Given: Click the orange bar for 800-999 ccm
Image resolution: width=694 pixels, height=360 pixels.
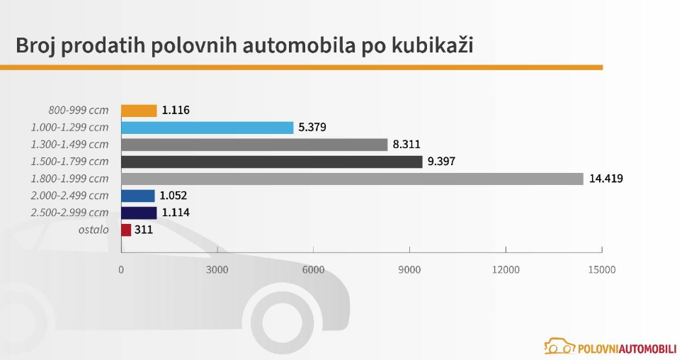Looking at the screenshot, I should pyautogui.click(x=139, y=111).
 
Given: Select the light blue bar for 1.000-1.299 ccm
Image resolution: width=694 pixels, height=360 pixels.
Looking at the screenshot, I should pyautogui.click(x=207, y=128).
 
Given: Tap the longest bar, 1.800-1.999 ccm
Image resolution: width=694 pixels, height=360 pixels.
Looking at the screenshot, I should pyautogui.click(x=352, y=179).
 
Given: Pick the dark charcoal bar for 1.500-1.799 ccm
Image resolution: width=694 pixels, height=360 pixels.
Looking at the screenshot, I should pyautogui.click(x=271, y=162).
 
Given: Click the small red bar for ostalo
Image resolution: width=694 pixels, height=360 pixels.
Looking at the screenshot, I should pyautogui.click(x=126, y=230).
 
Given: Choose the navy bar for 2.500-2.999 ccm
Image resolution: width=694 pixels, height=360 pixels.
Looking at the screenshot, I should pyautogui.click(x=139, y=213).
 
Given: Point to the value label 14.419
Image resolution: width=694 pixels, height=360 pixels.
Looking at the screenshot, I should pyautogui.click(x=605, y=179).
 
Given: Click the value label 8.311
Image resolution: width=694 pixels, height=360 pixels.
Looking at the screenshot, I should pyautogui.click(x=406, y=145).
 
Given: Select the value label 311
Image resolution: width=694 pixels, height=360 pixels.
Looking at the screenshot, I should pyautogui.click(x=144, y=230).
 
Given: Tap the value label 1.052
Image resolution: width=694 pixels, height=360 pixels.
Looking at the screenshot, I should pyautogui.click(x=173, y=196).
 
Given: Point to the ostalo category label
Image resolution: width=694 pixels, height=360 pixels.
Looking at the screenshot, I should pyautogui.click(x=93, y=230).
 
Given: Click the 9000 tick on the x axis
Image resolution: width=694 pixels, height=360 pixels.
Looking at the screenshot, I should pyautogui.click(x=409, y=270).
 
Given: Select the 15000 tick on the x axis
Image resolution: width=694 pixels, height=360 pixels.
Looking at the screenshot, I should pyautogui.click(x=602, y=270).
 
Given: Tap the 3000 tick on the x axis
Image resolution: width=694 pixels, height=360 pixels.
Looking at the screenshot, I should pyautogui.click(x=217, y=270).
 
